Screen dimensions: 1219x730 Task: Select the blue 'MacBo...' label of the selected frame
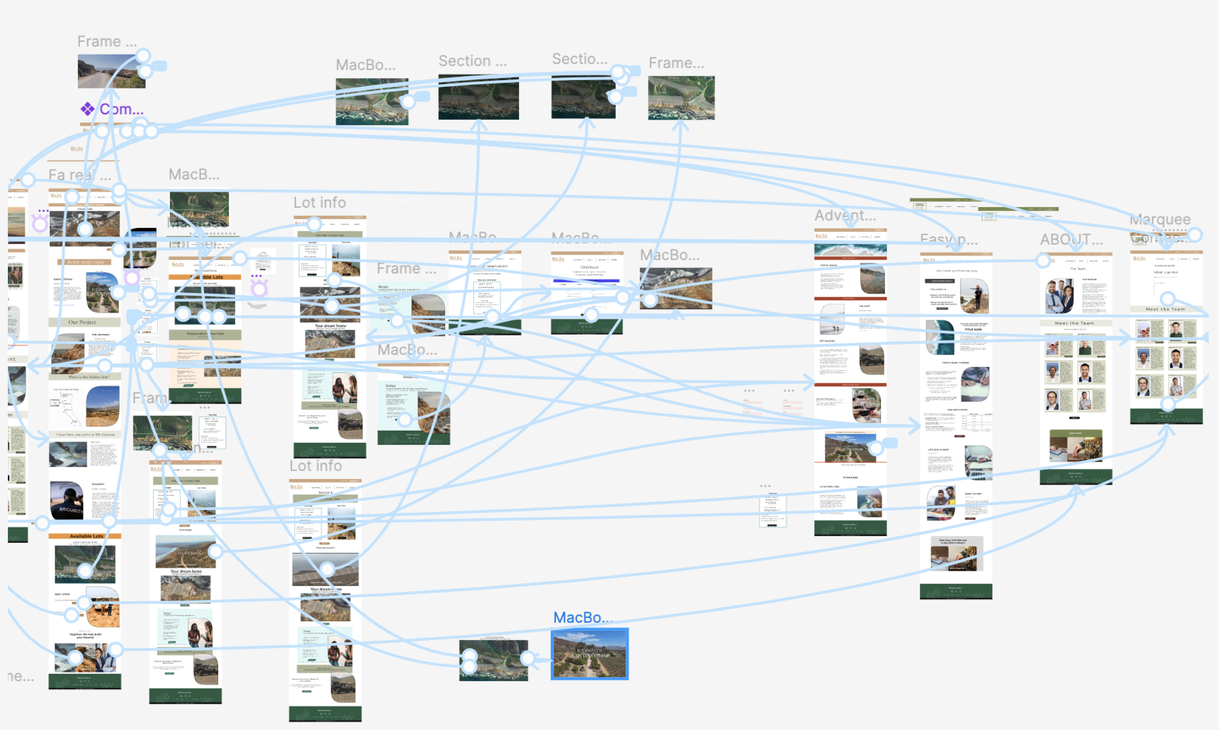click(582, 617)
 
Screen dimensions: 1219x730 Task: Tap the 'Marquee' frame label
click(1160, 219)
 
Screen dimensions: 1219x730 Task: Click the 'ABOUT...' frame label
click(1071, 239)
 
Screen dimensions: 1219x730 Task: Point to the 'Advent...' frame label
click(845, 216)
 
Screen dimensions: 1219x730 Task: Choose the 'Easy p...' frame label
click(948, 239)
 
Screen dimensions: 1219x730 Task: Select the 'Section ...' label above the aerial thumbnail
click(472, 61)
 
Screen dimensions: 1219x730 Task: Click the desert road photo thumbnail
click(111, 72)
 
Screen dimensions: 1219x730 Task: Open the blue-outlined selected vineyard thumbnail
click(589, 654)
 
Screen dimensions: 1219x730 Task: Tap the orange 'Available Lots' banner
click(86, 536)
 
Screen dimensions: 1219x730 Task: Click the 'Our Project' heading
click(82, 322)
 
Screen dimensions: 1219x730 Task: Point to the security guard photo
click(67, 500)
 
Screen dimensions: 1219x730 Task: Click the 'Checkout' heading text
click(589, 267)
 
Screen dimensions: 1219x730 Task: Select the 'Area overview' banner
click(85, 262)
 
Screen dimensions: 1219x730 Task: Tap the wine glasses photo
click(866, 405)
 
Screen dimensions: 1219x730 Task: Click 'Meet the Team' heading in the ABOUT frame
click(1075, 323)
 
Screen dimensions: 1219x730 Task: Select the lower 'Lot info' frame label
click(315, 466)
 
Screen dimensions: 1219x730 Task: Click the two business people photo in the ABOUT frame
click(1059, 296)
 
